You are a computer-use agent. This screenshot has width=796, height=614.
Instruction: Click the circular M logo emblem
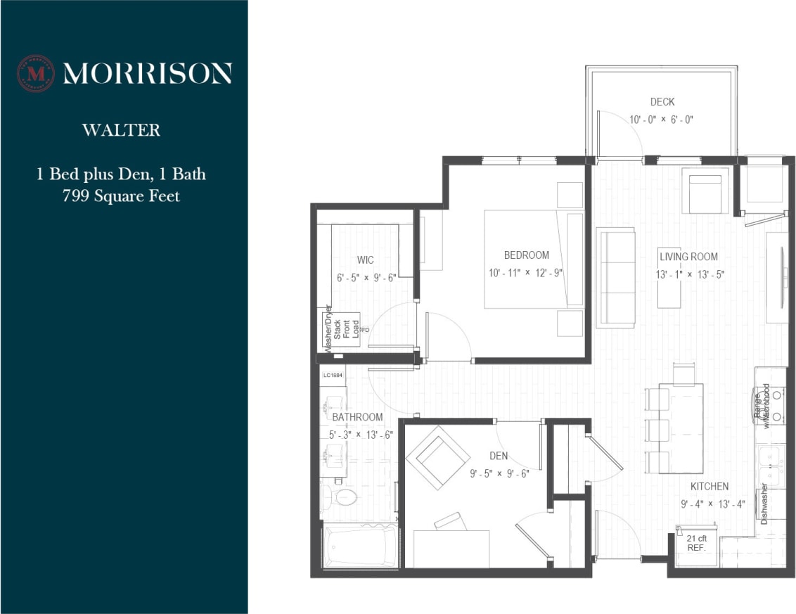pyautogui.click(x=35, y=73)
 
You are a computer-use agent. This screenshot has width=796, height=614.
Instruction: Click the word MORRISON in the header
pyautogui.click(x=147, y=73)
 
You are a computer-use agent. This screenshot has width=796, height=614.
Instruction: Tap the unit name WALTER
pyautogui.click(x=121, y=130)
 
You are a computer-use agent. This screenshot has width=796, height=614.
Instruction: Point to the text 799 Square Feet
pyautogui.click(x=121, y=196)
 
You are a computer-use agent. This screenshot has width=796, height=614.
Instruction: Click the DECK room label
pyautogui.click(x=662, y=102)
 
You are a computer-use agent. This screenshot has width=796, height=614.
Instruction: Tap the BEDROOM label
pyautogui.click(x=526, y=255)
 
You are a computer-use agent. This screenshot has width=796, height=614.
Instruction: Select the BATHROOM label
pyautogui.click(x=357, y=417)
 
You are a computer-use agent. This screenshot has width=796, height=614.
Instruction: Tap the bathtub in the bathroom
pyautogui.click(x=359, y=546)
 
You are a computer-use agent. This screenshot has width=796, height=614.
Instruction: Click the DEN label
pyautogui.click(x=499, y=456)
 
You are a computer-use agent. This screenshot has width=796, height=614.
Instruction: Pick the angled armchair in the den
pyautogui.click(x=437, y=457)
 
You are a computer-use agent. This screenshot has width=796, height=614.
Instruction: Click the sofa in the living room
pyautogui.click(x=616, y=277)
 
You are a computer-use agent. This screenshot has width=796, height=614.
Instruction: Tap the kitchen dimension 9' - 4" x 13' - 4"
pyautogui.click(x=712, y=504)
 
